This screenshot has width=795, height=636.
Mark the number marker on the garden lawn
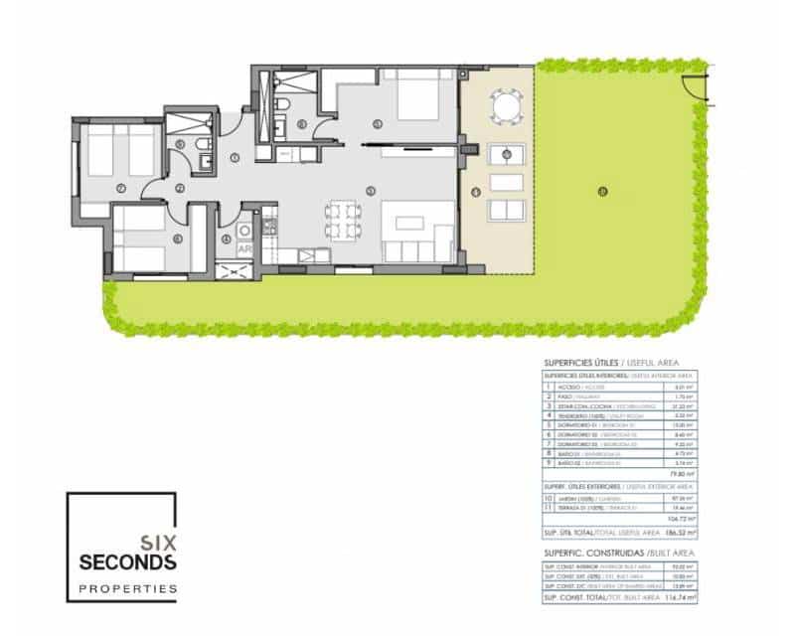click(602, 191)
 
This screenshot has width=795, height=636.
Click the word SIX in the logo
click(158, 543)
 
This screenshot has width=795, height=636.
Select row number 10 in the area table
click(549, 497)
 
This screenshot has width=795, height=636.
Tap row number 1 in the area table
click(549, 387)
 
